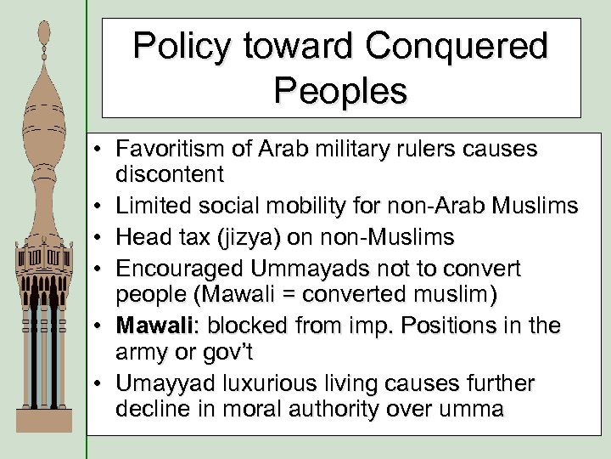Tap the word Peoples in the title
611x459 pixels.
tap(341, 89)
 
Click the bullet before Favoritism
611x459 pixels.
tap(100, 150)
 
